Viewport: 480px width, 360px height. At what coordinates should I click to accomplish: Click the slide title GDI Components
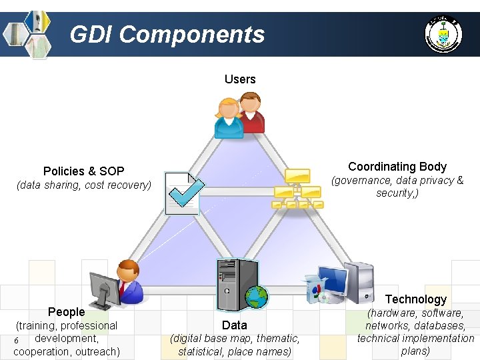click(x=167, y=34)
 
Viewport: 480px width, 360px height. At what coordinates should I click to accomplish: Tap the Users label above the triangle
click(x=240, y=79)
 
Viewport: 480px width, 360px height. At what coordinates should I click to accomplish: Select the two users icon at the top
click(x=239, y=115)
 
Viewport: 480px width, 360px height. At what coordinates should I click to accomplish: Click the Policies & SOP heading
click(x=84, y=171)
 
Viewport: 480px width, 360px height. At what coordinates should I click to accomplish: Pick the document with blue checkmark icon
click(x=183, y=193)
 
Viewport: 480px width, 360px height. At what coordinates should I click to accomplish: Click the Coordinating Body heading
click(x=397, y=167)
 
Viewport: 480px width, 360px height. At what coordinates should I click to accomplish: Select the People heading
click(x=67, y=312)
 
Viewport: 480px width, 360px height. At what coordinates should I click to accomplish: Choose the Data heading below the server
click(x=235, y=325)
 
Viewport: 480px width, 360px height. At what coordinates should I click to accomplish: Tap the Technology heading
click(x=416, y=299)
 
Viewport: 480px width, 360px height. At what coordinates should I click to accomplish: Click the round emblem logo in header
click(x=443, y=33)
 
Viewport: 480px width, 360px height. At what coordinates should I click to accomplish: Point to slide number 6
click(x=15, y=341)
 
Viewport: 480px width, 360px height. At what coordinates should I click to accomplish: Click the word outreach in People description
click(x=97, y=351)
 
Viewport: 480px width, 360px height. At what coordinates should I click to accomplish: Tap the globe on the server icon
click(x=256, y=297)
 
